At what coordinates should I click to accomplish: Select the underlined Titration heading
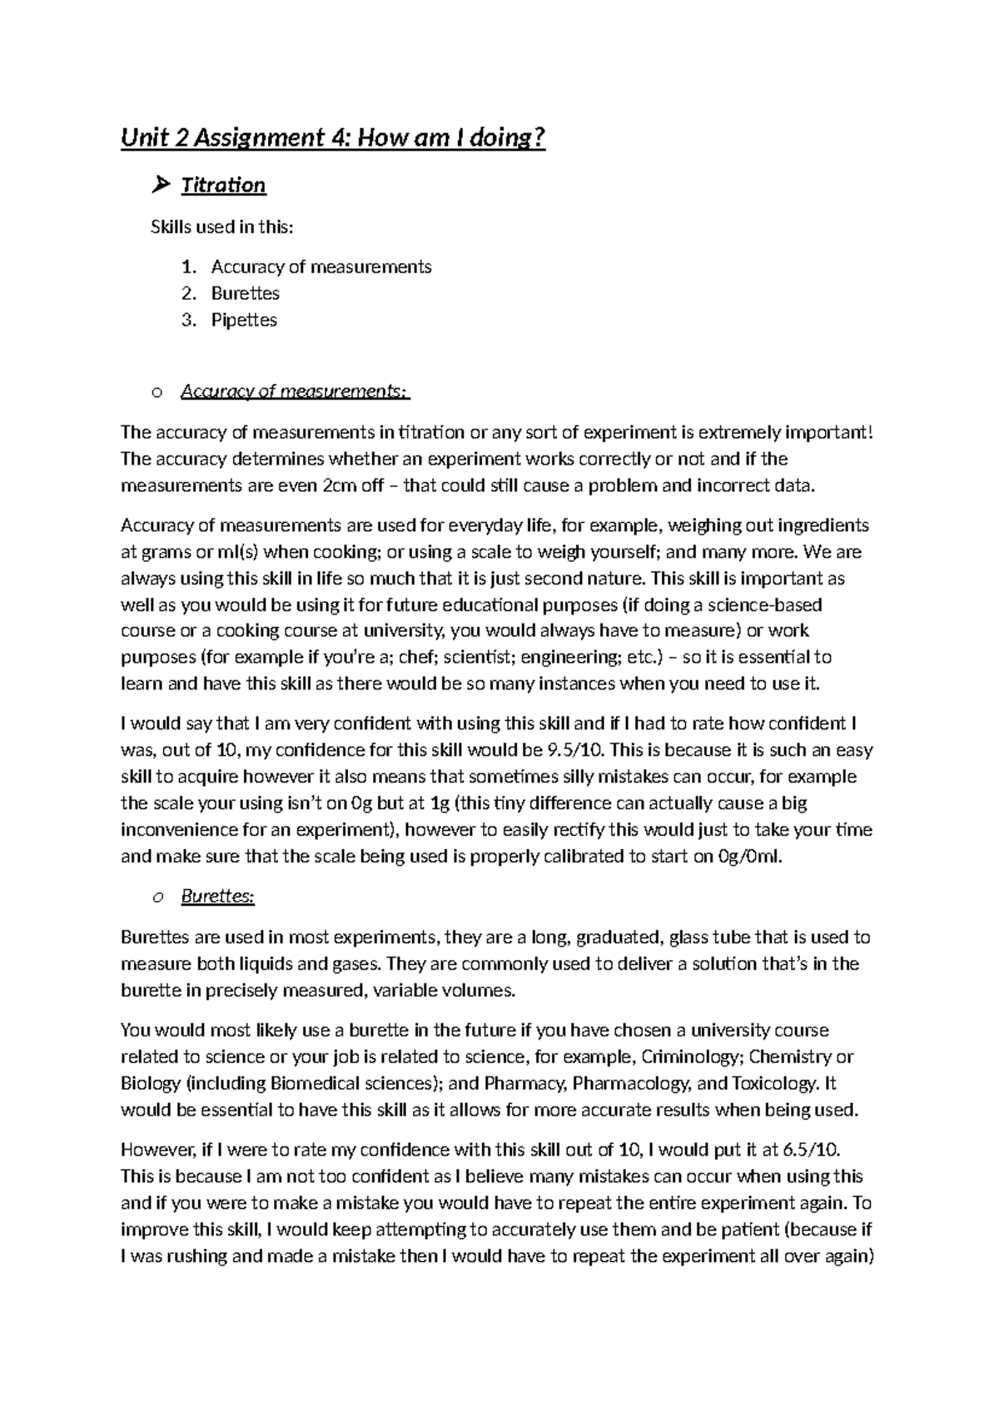(223, 185)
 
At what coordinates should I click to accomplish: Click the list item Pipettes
(244, 320)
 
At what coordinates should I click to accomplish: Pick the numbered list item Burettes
(245, 293)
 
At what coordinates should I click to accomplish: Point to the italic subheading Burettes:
(217, 897)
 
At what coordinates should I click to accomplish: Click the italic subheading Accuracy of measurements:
(295, 391)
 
